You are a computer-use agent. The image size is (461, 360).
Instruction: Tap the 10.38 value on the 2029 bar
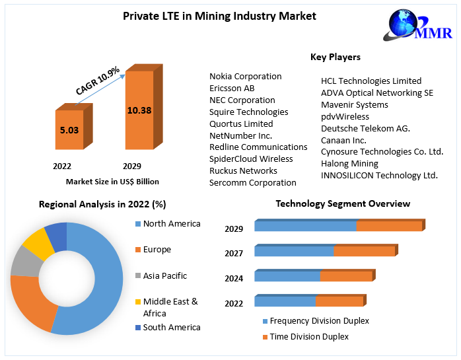(139, 110)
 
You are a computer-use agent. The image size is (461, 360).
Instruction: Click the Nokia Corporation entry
(245, 77)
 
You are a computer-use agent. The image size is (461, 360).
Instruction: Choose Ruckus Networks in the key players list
(243, 170)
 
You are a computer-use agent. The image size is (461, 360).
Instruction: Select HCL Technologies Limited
(371, 81)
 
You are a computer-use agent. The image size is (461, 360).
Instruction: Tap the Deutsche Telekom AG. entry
(365, 128)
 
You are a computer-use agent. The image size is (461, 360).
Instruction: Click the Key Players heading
(335, 57)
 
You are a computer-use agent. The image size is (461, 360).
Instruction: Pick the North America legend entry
(171, 224)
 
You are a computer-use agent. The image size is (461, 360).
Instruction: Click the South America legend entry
(171, 327)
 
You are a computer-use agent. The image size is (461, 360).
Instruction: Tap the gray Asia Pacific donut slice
(24, 262)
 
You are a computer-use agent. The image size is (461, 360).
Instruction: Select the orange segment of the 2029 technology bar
(389, 226)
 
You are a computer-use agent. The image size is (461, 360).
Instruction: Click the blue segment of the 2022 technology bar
(285, 302)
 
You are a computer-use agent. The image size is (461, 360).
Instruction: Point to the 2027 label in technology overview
(234, 254)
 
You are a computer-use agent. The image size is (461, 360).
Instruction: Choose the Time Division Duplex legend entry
(309, 337)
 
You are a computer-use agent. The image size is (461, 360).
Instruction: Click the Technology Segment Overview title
(343, 203)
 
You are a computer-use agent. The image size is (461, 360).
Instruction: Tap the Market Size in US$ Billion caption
(112, 182)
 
